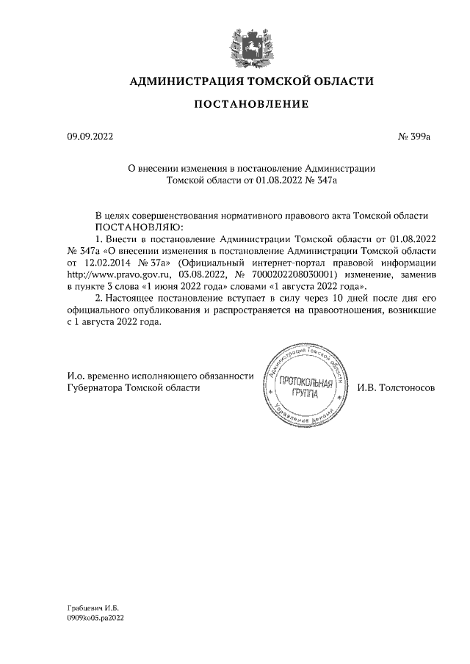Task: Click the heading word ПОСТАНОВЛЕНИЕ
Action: [250, 105]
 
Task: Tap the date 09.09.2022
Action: [86, 136]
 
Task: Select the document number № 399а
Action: [413, 136]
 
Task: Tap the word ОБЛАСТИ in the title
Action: [339, 81]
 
